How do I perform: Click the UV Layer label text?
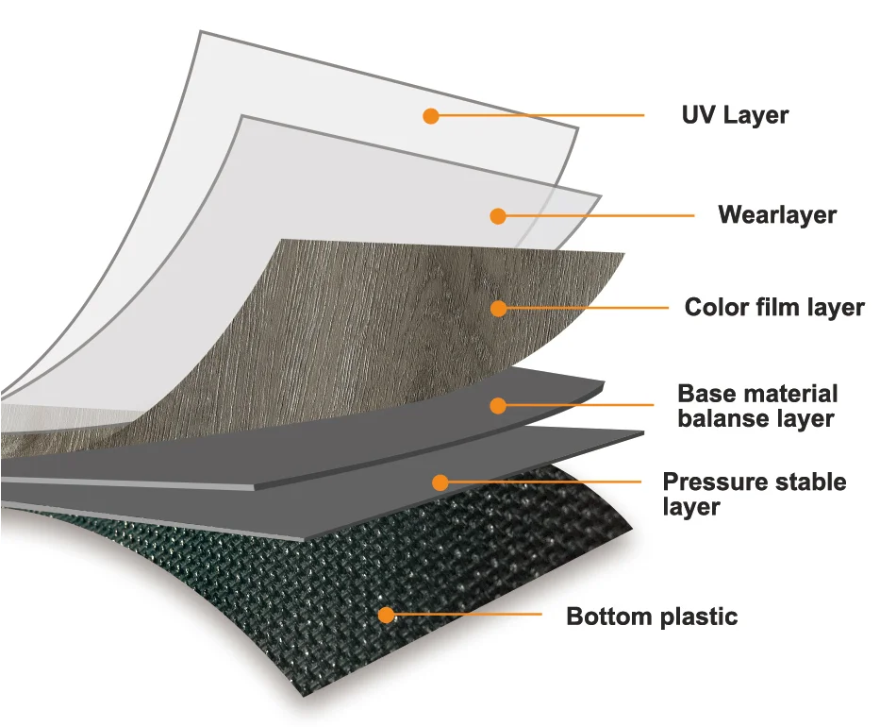(735, 115)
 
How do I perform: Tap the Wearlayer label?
(776, 214)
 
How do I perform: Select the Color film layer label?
(773, 307)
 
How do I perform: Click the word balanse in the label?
(722, 418)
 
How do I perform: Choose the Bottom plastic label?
(651, 617)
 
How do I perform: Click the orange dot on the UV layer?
(431, 116)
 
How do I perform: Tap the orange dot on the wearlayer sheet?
(498, 215)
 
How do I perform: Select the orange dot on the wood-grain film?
(498, 308)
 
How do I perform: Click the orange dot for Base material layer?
(498, 406)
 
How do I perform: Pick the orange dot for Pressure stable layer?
(440, 482)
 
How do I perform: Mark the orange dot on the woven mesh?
(385, 616)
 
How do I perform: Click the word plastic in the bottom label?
(694, 617)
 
